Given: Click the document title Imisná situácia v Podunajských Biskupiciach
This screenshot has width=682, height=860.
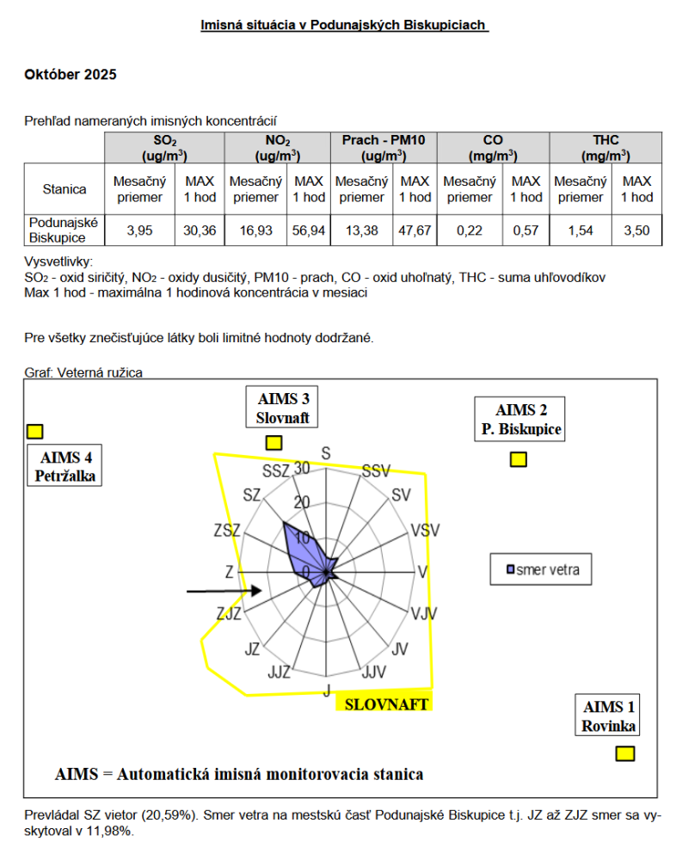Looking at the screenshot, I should coord(344,26).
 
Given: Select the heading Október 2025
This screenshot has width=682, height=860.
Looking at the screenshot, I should coord(71,75).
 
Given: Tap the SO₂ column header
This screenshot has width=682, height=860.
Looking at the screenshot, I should coord(165,147).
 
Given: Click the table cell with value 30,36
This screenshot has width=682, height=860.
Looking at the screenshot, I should coord(200,230).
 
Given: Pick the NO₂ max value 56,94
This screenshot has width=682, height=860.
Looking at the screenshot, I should coord(310,230).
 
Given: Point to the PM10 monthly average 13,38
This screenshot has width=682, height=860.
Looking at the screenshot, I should coord(362,230).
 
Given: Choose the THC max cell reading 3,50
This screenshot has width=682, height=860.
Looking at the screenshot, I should coord(636,230).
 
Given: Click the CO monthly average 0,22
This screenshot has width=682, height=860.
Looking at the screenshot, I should coord(470,230).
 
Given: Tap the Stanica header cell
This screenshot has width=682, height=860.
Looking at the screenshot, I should coord(65,189).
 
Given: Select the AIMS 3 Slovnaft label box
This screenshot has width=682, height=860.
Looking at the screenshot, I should coord(283,408).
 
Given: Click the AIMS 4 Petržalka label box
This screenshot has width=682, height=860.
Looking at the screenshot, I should coord(65,465).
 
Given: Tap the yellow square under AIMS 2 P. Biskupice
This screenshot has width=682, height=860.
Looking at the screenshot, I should coord(518,459).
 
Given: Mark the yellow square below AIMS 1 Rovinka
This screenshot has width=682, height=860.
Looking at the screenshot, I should coord(625,754).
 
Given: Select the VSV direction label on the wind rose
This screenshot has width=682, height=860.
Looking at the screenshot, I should coord(425,530).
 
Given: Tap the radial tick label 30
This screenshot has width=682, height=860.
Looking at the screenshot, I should coord(301,468).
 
